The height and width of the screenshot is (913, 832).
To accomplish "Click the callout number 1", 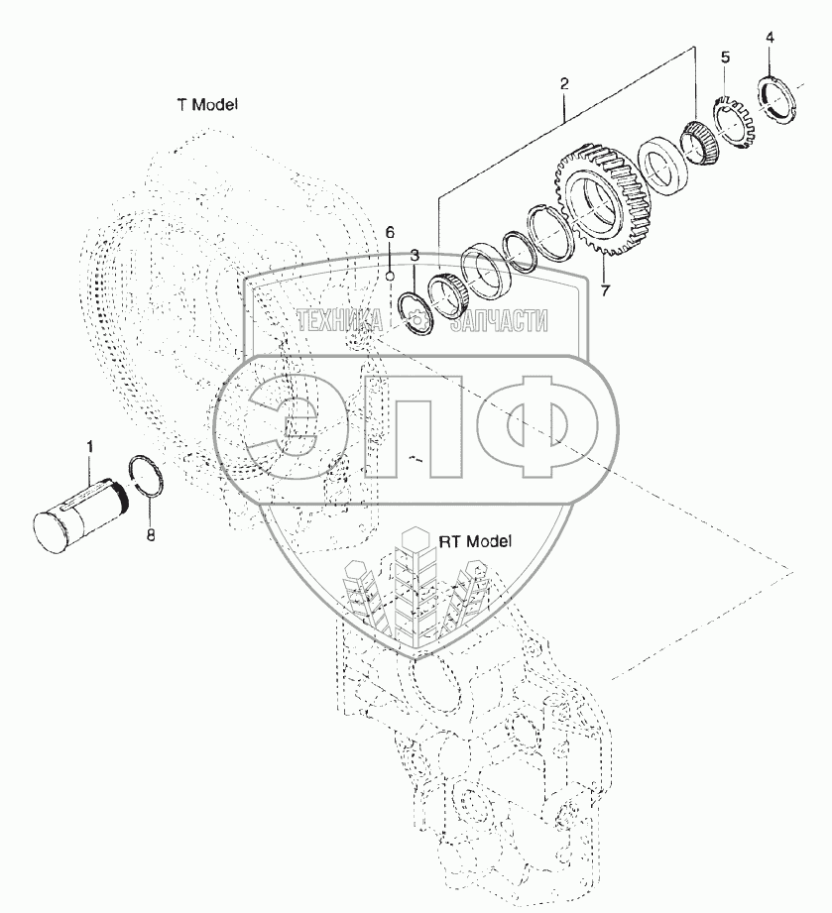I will [89, 448].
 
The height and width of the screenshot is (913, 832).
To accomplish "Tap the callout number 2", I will [563, 85].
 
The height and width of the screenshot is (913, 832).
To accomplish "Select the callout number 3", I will [415, 256].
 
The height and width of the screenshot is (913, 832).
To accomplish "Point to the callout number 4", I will [771, 39].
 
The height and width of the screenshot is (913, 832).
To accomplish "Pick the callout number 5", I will [725, 56].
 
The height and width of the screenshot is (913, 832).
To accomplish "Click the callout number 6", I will [390, 232].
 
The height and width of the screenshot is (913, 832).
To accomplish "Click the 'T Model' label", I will [207, 104].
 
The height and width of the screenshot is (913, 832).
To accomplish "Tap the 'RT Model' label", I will [475, 541].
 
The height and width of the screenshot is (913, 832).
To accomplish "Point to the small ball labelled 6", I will [392, 275].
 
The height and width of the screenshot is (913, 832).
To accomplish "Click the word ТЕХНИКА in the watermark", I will [341, 320].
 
